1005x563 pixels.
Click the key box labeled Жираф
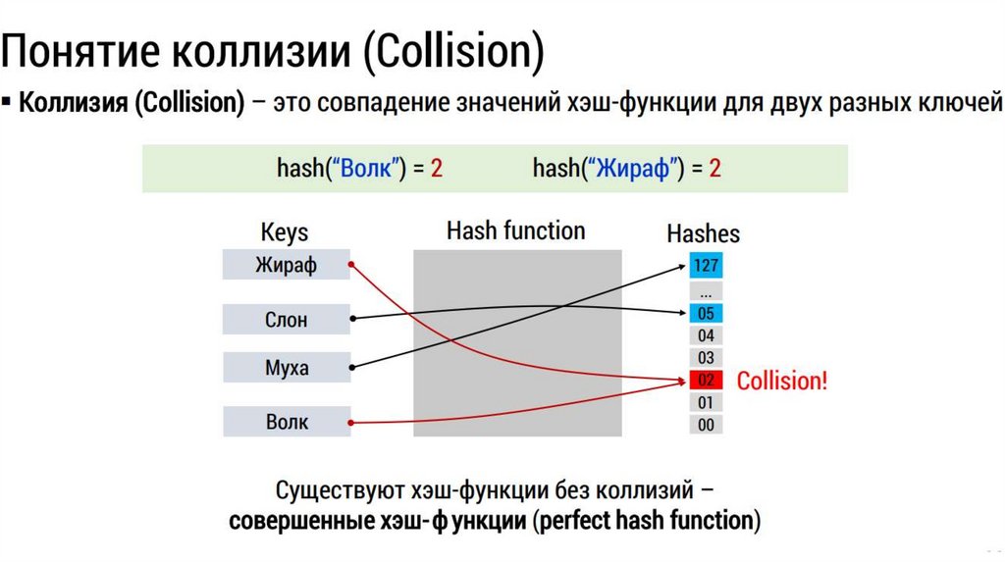tap(286, 265)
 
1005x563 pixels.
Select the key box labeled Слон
tap(286, 319)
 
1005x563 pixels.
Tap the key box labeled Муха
tap(286, 369)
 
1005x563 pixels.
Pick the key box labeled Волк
tap(286, 422)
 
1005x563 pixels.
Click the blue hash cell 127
tap(706, 265)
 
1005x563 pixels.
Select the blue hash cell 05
tap(706, 314)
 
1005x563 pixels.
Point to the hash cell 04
tap(706, 335)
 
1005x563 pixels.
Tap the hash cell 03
tap(706, 358)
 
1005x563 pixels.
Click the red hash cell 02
tap(706, 381)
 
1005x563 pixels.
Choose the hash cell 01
tap(706, 402)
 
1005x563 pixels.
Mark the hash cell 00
tap(706, 425)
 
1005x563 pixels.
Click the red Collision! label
tap(782, 381)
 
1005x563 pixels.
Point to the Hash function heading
tap(515, 231)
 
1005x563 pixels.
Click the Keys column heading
tap(284, 233)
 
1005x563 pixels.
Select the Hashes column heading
tap(703, 234)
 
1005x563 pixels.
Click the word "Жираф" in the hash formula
tap(633, 168)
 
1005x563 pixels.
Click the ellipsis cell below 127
tap(706, 291)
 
